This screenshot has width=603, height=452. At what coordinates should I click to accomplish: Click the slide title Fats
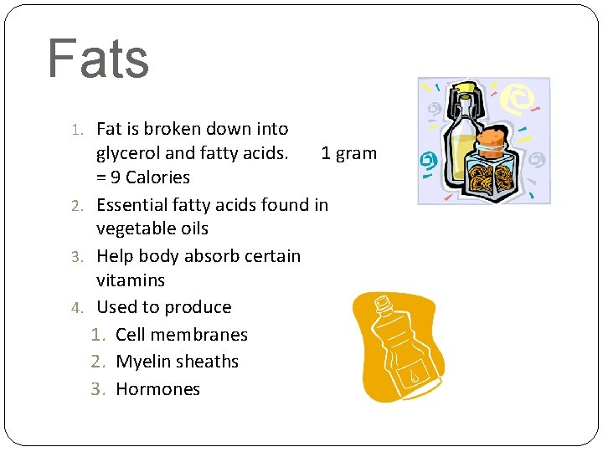tap(98, 59)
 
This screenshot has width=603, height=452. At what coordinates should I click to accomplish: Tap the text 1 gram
tap(348, 153)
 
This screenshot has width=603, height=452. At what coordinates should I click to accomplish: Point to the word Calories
tap(157, 177)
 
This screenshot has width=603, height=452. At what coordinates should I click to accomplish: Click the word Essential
tap(132, 204)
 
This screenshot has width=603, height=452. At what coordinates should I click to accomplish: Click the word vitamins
tap(131, 280)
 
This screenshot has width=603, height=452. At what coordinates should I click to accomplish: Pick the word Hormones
tap(157, 389)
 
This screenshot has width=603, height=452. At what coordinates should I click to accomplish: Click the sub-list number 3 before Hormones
tap(96, 389)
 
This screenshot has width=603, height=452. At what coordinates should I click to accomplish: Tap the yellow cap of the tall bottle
tap(465, 88)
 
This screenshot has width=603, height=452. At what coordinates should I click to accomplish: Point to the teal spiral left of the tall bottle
tap(429, 159)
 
